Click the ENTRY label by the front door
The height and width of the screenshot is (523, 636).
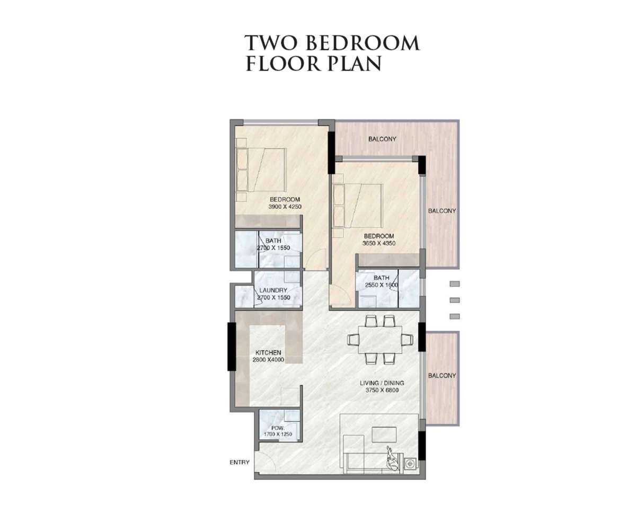click(240, 462)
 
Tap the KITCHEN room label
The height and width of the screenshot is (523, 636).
click(268, 352)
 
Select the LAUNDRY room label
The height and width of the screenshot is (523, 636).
click(273, 290)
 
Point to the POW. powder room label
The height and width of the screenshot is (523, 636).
click(277, 428)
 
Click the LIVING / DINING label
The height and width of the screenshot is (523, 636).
click(382, 383)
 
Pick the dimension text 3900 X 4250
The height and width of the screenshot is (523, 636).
click(285, 207)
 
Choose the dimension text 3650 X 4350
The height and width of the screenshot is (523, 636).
click(379, 243)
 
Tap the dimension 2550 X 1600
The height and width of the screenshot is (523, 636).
click(382, 285)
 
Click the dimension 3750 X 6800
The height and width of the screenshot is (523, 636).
click(382, 391)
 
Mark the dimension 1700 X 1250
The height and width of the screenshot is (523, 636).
click(278, 435)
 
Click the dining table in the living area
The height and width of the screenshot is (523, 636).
click(380, 340)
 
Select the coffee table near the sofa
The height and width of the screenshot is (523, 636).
click(384, 435)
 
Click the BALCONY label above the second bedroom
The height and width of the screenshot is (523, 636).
click(382, 139)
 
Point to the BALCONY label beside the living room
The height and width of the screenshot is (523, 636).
click(442, 376)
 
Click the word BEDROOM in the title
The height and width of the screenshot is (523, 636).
click(363, 43)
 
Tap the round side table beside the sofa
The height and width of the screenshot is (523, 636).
click(410, 464)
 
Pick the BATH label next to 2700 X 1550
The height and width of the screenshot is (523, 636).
click(273, 241)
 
